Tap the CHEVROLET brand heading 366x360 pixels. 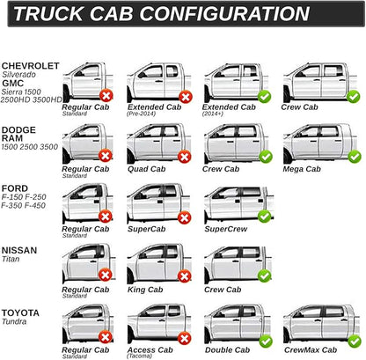pos(31,66)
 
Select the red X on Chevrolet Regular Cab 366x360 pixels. pos(106,96)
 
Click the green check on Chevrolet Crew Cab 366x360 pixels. pos(353,96)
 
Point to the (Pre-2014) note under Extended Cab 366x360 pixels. pos(141,114)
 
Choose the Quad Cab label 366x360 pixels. pos(147,169)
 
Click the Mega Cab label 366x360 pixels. pos(302,169)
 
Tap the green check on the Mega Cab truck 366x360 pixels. pos(355,157)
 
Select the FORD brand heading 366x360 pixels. pos(15,188)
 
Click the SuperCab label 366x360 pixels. pos(147,229)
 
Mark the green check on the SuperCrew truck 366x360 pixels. pos(265,217)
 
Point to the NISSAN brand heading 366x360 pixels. pos(19,250)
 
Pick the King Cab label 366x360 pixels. pos(145,290)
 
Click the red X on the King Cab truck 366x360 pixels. pos(185,276)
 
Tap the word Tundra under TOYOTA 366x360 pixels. pos(14,321)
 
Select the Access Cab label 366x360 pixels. pos(150,349)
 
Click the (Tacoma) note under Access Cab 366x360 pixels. pos(139,356)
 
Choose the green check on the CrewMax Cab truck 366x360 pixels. pos(355,342)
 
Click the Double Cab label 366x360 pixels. pos(228,349)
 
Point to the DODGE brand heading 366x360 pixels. pos(18,129)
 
